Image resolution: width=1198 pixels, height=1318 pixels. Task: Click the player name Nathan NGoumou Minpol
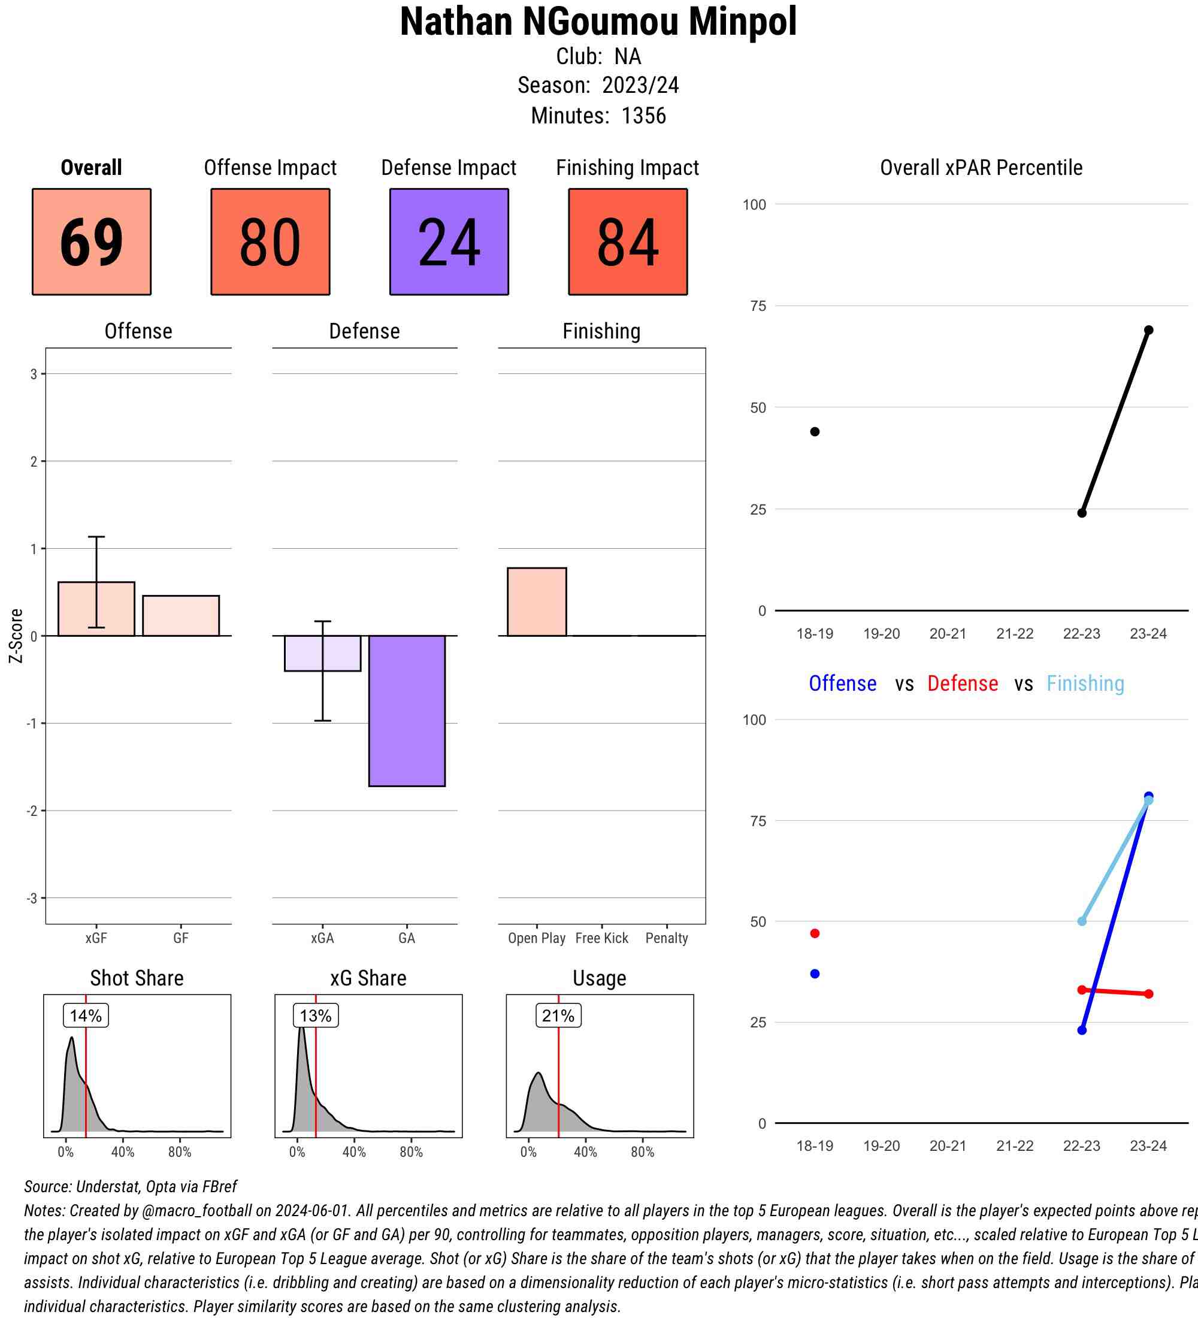(598, 22)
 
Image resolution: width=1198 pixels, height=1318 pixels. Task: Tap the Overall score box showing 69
(92, 242)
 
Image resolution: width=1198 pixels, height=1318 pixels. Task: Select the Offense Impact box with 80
(270, 242)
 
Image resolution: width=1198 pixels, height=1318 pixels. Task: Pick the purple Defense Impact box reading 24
(449, 242)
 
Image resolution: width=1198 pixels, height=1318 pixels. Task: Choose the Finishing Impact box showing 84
(627, 242)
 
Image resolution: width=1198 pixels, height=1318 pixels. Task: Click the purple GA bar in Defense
(407, 711)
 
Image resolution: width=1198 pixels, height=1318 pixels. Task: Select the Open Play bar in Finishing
(537, 601)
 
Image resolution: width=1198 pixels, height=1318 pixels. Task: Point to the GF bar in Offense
(181, 615)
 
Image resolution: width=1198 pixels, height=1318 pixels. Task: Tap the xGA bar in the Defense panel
(322, 653)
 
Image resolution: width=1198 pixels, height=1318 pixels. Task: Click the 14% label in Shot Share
(86, 1015)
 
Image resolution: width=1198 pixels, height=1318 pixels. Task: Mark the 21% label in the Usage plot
(558, 1015)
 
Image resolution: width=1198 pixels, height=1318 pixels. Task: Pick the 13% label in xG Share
(316, 1015)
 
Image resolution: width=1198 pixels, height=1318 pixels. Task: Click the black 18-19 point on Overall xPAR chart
(815, 431)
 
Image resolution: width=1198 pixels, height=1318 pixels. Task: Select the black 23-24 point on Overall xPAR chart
(1148, 330)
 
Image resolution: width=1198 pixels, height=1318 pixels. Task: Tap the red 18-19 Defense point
(815, 933)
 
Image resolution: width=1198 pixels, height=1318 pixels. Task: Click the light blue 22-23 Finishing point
(1082, 921)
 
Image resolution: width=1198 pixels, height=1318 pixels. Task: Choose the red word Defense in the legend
(962, 683)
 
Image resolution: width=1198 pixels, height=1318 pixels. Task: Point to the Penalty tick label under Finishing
(667, 938)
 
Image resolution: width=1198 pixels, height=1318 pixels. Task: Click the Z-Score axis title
(16, 636)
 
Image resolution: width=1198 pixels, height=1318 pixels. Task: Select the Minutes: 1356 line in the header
(598, 116)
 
